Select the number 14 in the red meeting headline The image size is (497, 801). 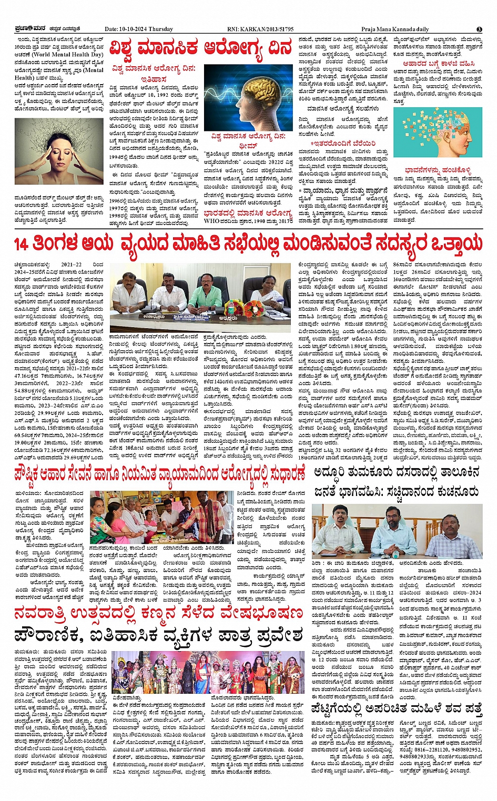coord(21,245)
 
